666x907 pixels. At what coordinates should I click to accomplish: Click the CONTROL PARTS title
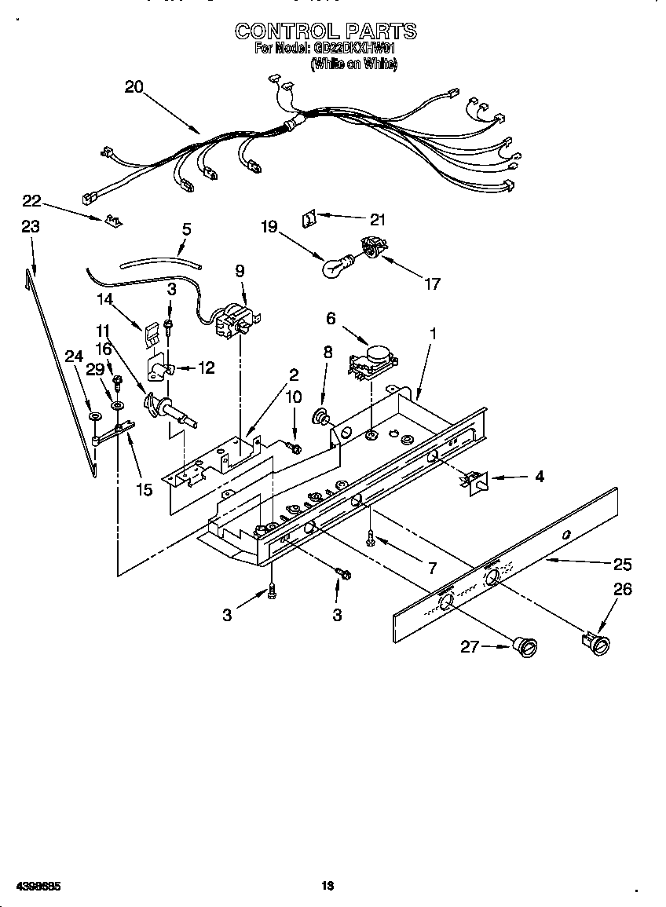coord(326,31)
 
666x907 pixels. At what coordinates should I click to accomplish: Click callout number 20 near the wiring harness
coord(134,87)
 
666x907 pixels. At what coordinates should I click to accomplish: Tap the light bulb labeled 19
coord(335,267)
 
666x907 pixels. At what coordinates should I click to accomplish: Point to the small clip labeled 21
coord(309,218)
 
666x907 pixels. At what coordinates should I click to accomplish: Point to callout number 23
coord(30,226)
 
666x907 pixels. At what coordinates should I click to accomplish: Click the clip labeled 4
coord(476,481)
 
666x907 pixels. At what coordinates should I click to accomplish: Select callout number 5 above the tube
coord(186,229)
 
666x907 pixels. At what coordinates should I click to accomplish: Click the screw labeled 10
coord(296,447)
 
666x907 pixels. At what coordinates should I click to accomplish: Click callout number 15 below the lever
coord(144,491)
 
